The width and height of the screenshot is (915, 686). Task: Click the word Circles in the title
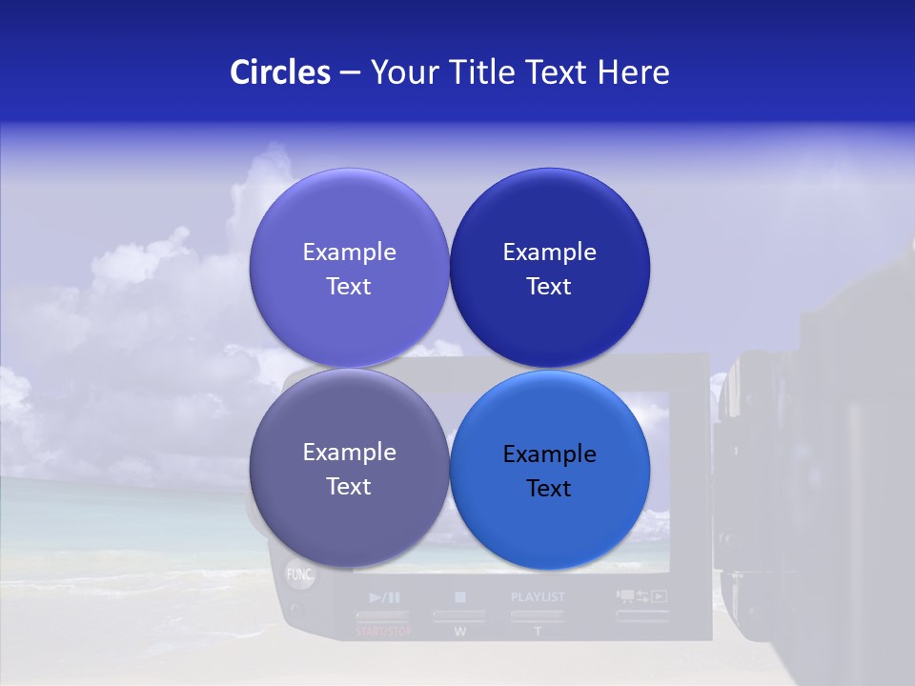(279, 72)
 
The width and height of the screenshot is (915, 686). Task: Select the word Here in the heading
(633, 72)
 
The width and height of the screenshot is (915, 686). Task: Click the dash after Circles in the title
(350, 73)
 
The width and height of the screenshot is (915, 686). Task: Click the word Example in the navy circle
(549, 252)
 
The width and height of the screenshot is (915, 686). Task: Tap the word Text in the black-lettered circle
(549, 489)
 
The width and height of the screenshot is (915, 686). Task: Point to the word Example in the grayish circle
(349, 452)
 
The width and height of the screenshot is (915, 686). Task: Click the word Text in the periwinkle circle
(349, 287)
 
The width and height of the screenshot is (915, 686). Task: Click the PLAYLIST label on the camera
(538, 597)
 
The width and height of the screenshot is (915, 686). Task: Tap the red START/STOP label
(384, 631)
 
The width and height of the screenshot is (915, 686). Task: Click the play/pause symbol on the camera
(385, 597)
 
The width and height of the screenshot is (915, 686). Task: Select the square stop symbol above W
(460, 597)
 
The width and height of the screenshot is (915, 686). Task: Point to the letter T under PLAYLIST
(538, 631)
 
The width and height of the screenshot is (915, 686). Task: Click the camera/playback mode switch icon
(641, 597)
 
